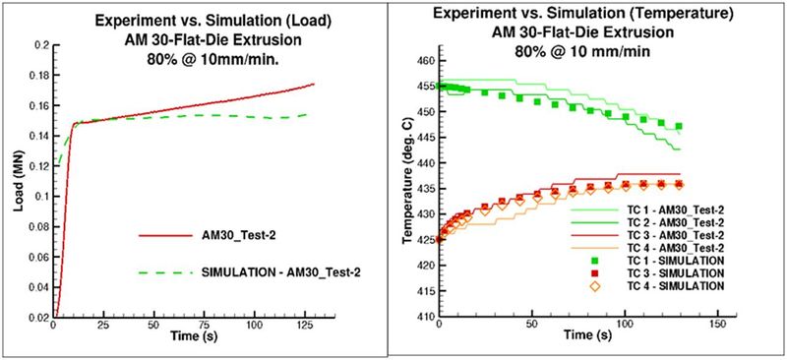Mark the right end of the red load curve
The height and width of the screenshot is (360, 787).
click(314, 84)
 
